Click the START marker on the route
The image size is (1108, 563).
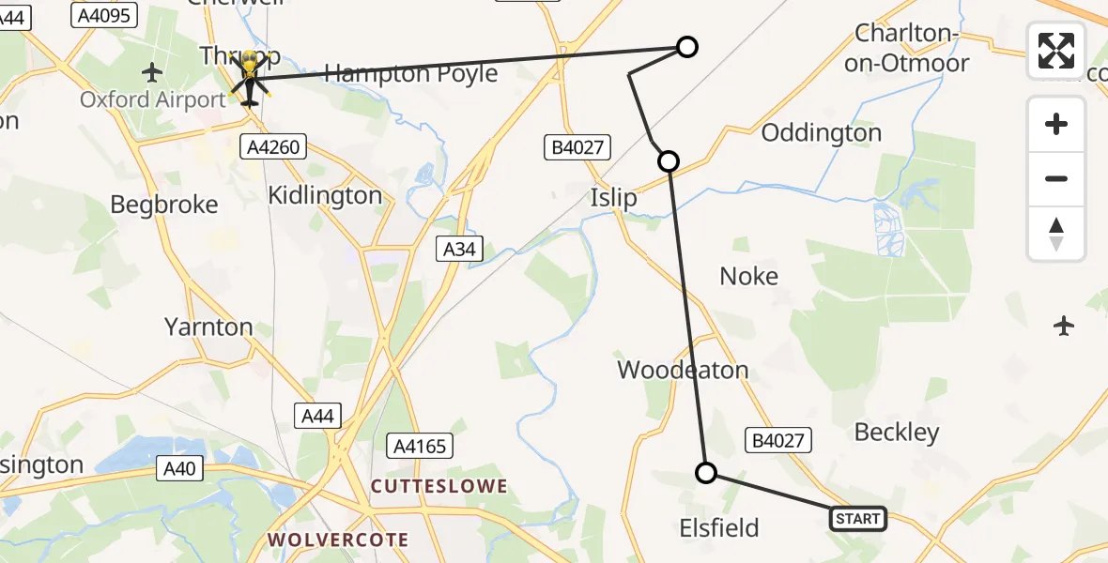tap(857, 519)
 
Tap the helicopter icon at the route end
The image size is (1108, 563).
tap(250, 80)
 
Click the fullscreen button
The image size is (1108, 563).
tap(1056, 51)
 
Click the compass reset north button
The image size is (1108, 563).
tap(1056, 234)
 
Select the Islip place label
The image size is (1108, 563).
tap(613, 198)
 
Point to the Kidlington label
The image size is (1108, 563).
tap(325, 195)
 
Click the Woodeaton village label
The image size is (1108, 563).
tap(683, 370)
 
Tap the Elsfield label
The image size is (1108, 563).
tap(718, 528)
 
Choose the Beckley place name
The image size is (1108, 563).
tap(897, 432)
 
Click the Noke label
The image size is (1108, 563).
tap(748, 276)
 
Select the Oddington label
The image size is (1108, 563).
tap(822, 133)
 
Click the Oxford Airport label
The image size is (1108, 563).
tap(152, 99)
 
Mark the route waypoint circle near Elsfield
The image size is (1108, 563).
tap(706, 473)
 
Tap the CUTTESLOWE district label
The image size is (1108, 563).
tap(439, 486)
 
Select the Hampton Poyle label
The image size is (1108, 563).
tap(410, 73)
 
